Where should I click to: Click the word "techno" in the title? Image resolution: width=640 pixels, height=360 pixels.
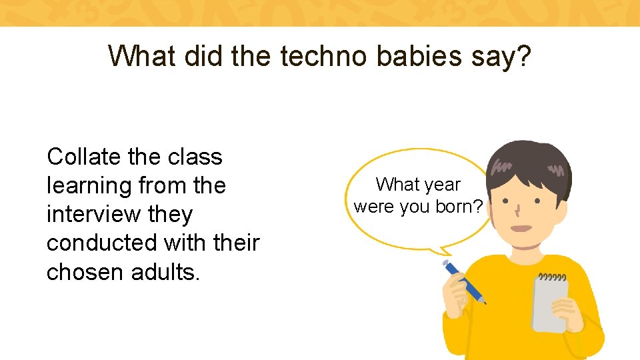coord(324,57)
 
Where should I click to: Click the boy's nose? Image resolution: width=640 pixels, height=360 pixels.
coord(518,213)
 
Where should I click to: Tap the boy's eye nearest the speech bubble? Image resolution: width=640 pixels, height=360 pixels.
coord(506,201)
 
